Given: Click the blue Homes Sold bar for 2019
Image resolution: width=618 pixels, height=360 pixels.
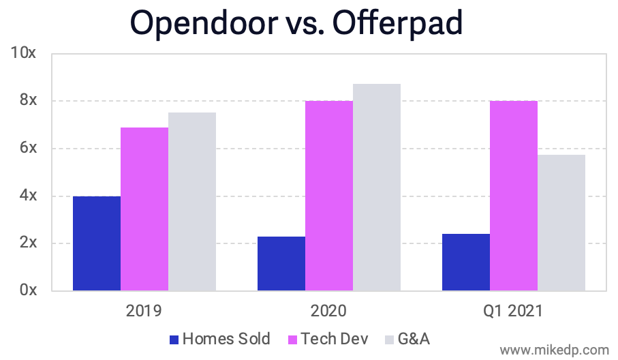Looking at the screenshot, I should [97, 243].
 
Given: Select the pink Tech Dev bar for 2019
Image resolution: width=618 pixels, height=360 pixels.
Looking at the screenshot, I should [144, 209].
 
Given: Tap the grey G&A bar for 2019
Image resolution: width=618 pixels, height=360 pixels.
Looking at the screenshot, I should [192, 201].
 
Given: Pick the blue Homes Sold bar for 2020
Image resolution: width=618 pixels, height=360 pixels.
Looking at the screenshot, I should [281, 263].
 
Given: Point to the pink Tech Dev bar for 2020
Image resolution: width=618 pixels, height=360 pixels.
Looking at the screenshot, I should [329, 196].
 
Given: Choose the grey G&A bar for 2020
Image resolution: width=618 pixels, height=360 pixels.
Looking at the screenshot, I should [377, 187].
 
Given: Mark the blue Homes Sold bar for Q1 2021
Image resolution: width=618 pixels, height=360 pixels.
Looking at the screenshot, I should [466, 262].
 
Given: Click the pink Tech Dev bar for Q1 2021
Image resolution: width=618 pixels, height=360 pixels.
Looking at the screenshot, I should [514, 196].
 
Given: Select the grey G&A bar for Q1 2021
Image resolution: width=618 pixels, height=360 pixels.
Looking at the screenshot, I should [561, 222].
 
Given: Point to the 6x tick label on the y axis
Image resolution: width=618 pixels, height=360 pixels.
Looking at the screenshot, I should [27, 148].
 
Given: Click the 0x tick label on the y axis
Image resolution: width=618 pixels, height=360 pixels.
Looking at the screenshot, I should [27, 290].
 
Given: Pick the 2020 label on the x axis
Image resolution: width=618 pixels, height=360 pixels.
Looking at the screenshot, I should [328, 312].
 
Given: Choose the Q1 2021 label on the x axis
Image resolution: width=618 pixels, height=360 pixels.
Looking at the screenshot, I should [513, 312].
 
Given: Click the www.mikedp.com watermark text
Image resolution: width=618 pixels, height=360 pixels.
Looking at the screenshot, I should [554, 350].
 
